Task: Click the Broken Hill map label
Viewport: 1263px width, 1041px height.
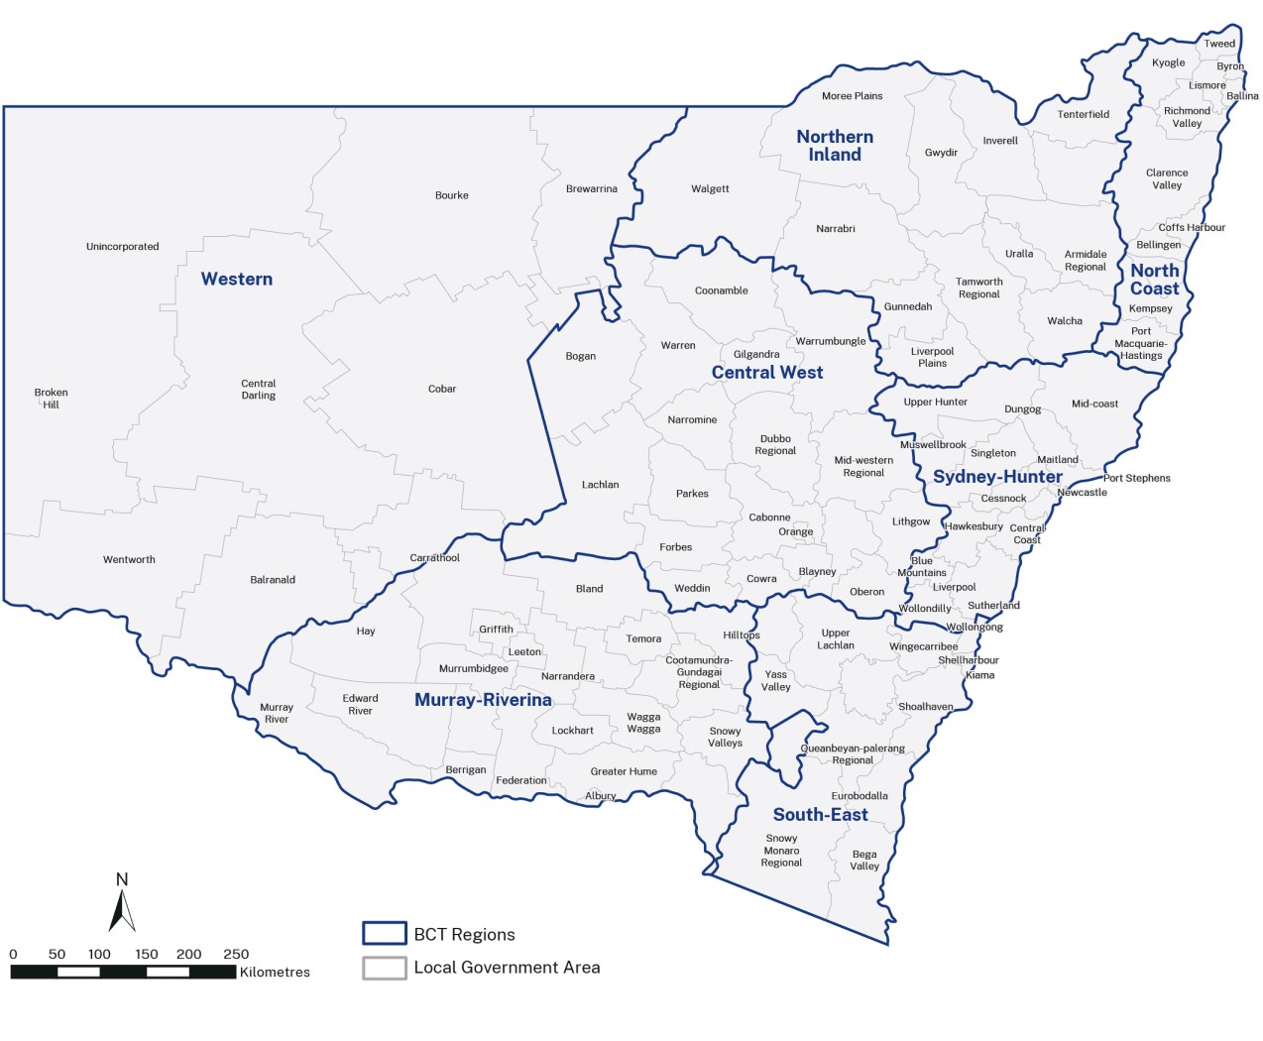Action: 51,399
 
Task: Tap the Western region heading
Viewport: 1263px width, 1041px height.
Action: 237,280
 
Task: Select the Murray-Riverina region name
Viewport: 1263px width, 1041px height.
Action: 483,700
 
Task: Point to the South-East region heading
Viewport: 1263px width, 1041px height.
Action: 820,815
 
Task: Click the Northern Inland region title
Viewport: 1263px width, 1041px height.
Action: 835,146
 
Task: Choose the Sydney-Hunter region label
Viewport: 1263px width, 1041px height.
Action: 997,477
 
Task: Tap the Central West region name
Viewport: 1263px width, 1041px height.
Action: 767,373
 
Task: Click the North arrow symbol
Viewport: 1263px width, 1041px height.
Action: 122,904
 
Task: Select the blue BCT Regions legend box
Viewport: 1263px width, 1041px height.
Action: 385,934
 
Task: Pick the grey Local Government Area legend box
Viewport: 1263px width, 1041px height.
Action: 385,968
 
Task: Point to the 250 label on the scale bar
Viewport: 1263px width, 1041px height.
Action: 236,955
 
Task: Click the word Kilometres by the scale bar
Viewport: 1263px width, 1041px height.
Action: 275,973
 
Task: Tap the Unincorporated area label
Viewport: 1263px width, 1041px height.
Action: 122,247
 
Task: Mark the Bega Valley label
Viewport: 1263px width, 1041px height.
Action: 864,861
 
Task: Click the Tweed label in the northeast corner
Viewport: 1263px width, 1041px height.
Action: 1219,44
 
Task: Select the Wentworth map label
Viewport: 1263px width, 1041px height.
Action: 129,560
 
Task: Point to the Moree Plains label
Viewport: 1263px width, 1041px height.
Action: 852,96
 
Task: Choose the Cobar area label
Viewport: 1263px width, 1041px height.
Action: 442,389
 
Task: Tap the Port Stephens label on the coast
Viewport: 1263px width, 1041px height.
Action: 1137,478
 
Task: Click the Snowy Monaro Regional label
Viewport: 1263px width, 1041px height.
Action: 781,851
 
